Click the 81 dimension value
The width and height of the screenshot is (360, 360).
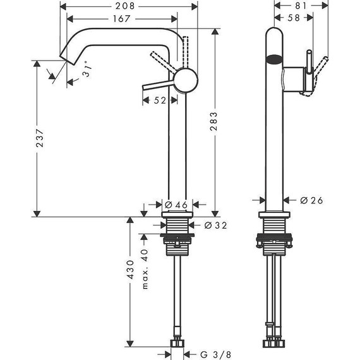pos(301,6)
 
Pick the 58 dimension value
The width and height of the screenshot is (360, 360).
pos(294,19)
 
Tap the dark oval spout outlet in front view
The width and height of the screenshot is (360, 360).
pos(273,61)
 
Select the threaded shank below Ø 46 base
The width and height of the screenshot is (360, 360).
pos(177,225)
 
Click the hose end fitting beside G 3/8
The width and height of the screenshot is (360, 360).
pos(177,345)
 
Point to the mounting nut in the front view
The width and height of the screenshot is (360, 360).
pos(273,241)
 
